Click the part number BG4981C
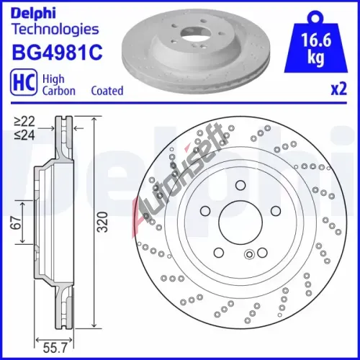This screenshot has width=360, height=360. [57, 52]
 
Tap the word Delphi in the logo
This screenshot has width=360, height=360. [33, 14]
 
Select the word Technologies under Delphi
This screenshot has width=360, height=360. [55, 30]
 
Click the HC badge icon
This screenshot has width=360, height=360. [24, 81]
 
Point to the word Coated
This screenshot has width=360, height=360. [107, 91]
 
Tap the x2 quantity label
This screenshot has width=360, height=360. [339, 89]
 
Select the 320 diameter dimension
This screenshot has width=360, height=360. [102, 222]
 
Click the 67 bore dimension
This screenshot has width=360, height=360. [16, 222]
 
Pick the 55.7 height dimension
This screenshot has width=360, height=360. [55, 348]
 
